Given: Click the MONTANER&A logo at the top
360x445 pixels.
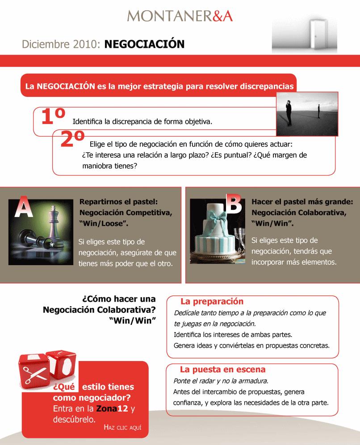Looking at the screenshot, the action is point(180,16).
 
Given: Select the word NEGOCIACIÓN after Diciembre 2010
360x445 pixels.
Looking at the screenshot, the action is point(144,44).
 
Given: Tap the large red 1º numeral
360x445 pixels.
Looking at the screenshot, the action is point(53,116).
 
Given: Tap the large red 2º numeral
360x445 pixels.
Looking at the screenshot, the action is point(73,139).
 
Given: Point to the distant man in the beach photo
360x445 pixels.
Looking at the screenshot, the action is point(319,111).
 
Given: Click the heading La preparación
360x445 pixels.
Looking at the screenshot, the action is point(212,301).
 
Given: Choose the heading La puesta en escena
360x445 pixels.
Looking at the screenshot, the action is point(222,370).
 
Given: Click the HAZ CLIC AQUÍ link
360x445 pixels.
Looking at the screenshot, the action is point(122,428).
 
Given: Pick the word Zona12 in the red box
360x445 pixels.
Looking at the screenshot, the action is point(112,408).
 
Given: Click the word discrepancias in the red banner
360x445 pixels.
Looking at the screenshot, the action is point(267,86).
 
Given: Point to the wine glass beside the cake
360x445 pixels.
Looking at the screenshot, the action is point(239,240).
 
